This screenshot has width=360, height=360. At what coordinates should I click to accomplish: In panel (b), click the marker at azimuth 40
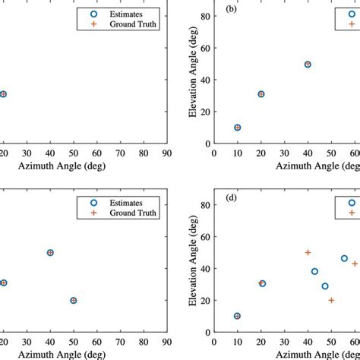308,65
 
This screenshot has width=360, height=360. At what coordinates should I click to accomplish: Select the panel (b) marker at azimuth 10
238,128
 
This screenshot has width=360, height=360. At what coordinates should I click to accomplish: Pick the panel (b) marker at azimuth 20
261,94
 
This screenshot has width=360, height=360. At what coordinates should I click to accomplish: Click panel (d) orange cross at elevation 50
308,252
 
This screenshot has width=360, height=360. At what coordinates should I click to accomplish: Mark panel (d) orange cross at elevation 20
331,300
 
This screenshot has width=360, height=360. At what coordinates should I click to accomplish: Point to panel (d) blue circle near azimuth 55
344,259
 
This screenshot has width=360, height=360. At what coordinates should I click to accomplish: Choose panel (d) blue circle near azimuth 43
314,271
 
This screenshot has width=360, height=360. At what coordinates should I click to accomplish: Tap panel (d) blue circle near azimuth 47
325,286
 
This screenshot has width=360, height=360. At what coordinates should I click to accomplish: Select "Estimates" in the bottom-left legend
127,203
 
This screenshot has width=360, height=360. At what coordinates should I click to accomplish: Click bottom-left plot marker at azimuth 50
73,300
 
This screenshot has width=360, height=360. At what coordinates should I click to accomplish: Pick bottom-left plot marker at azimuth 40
50,252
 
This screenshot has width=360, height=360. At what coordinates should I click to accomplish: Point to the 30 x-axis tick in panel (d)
284,342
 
